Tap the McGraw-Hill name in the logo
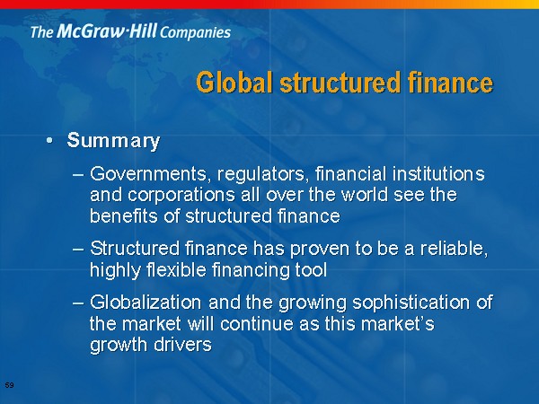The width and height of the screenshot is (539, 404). (x=107, y=31)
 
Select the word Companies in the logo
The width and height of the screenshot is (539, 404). (x=195, y=33)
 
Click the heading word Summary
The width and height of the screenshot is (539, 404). (x=113, y=141)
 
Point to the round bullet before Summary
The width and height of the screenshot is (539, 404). (x=50, y=140)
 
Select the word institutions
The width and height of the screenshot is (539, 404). (x=438, y=173)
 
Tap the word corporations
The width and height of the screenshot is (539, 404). (x=181, y=195)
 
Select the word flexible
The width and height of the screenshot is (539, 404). (x=176, y=269)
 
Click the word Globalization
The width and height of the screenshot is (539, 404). (x=146, y=303)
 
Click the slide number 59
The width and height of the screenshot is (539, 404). (x=10, y=385)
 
